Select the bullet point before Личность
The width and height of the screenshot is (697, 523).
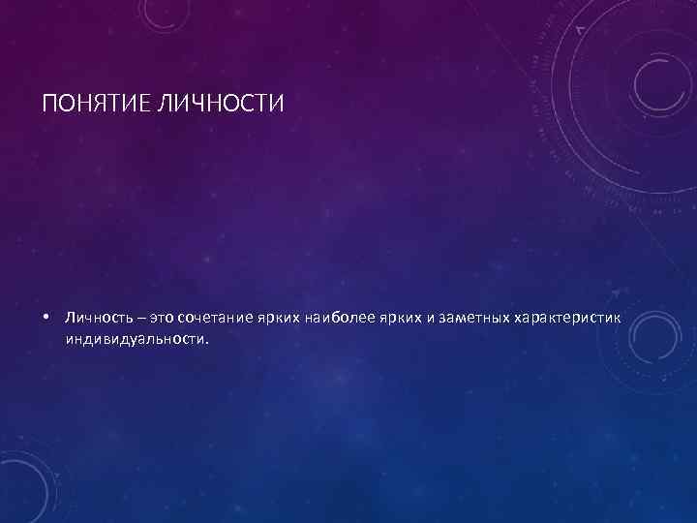pos(46,318)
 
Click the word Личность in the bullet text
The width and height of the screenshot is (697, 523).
pos(97,318)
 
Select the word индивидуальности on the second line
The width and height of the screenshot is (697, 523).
pos(135,340)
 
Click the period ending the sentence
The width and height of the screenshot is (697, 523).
pos(206,341)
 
